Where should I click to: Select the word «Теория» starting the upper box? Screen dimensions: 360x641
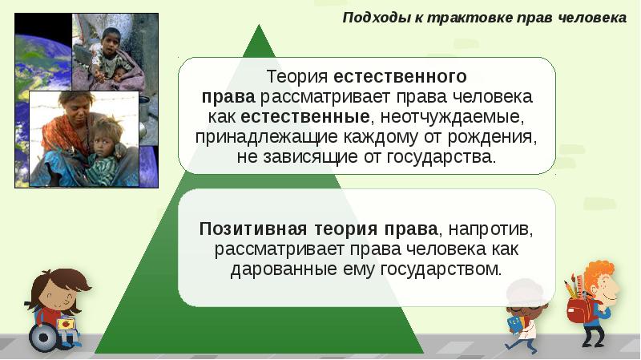point(297,78)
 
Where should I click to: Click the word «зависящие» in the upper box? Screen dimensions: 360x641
point(307,156)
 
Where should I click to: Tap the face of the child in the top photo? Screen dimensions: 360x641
point(107,41)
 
